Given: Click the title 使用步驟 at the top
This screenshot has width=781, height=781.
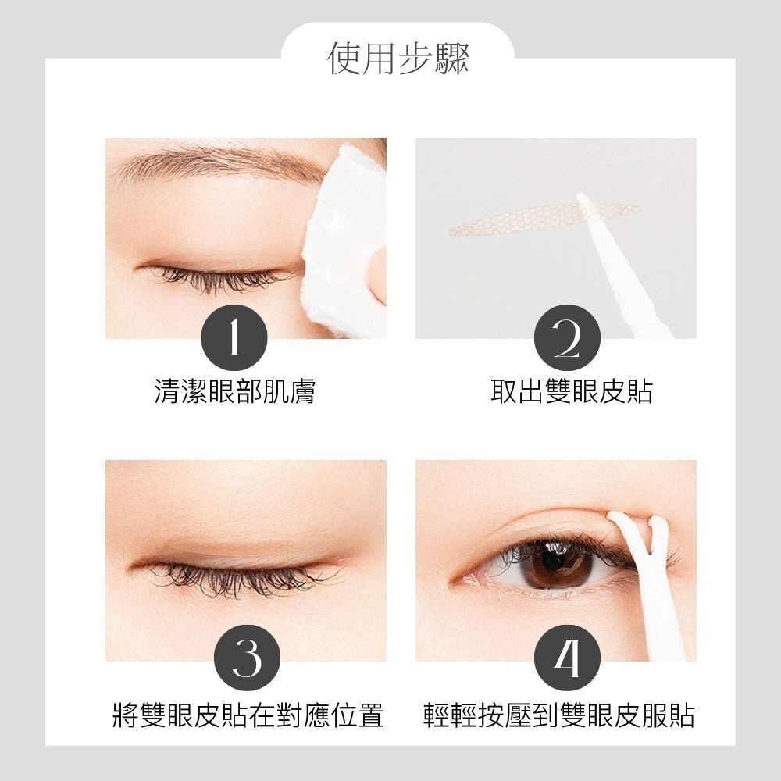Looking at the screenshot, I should point(398,59).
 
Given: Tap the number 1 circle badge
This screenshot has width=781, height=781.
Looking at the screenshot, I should point(234,337).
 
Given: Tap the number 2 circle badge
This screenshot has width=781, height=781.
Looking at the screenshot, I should point(568,337).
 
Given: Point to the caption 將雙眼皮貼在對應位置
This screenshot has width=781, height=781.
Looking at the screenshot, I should point(248,715).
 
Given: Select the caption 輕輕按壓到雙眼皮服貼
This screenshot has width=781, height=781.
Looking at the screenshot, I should point(558,715).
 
